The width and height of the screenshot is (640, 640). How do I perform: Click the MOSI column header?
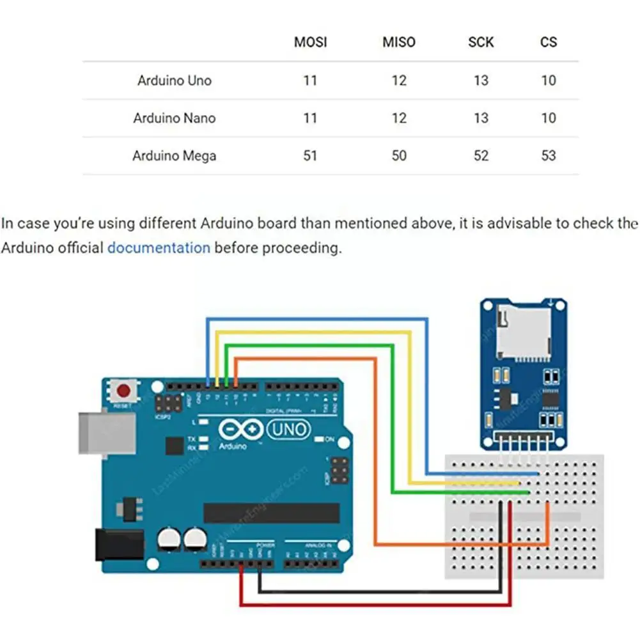coord(310,42)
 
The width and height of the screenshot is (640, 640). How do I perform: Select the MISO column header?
coord(398,42)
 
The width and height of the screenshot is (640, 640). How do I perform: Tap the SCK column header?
coord(481,42)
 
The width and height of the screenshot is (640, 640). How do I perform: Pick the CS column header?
coord(549,42)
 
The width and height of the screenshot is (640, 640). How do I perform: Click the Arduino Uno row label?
coord(174,81)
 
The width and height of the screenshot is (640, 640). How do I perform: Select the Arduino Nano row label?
coord(174,118)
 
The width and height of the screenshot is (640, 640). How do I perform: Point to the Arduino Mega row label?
coord(174,155)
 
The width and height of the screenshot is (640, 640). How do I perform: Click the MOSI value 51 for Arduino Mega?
coord(310,155)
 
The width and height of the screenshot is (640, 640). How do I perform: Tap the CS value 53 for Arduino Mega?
coord(549,155)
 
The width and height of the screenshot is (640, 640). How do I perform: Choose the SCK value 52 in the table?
coord(481,155)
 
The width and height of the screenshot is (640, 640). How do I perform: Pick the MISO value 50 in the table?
coord(398,155)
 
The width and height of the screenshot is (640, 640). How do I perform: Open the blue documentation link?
coord(159,247)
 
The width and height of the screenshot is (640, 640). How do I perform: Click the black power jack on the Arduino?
coord(118,543)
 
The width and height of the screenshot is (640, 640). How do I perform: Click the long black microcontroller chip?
coord(272,512)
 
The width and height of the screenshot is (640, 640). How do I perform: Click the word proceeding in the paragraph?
coord(302,247)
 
